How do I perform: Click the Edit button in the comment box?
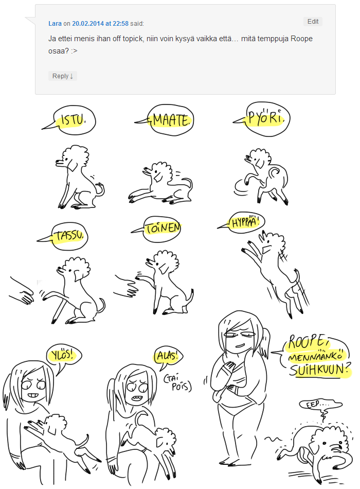(313, 22)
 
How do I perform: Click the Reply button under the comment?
(63, 76)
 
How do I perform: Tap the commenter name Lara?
(55, 23)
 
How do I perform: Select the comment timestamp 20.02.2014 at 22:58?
(100, 23)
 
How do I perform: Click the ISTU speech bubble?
(74, 120)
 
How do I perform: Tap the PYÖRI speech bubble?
(266, 119)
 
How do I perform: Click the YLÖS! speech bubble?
(63, 356)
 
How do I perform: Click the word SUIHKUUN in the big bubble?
(320, 370)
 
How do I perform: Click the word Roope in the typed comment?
(301, 39)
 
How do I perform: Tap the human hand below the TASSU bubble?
(21, 291)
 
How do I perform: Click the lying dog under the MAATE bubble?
(160, 183)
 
